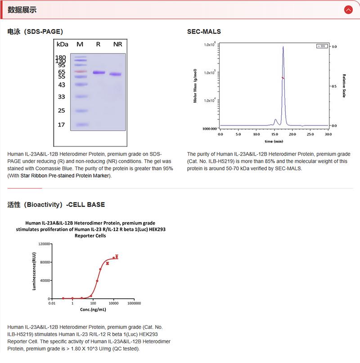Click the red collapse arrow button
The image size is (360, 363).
click(348, 9)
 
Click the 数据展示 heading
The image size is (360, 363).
click(22, 9)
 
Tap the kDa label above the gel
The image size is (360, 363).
click(62, 44)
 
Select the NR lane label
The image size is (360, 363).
click(117, 44)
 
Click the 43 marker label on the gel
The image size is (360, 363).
click(62, 85)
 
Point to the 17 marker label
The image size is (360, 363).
click(62, 125)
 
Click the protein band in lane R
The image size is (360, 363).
click(99, 72)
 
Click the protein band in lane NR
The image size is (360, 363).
click(116, 74)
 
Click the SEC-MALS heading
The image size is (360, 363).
click(204, 31)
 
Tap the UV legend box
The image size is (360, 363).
click(322, 46)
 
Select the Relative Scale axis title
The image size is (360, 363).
click(344, 85)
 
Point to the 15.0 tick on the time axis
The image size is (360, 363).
click(274, 134)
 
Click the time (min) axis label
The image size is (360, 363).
click(274, 141)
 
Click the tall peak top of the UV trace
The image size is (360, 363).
click(283, 47)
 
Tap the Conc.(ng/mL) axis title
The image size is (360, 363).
click(93, 310)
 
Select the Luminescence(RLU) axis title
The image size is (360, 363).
click(34, 271)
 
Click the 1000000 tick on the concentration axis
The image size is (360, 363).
click(134, 304)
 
